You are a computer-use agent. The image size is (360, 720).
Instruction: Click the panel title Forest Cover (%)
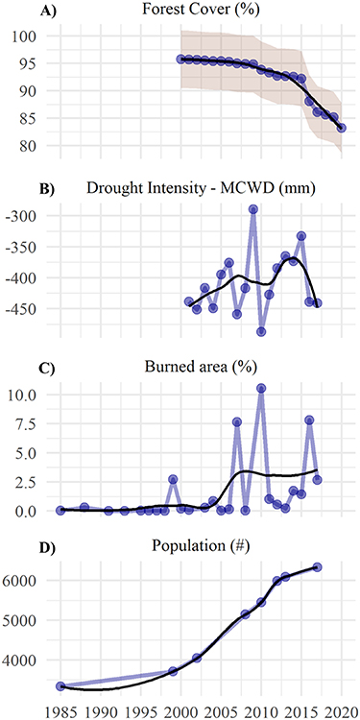[202, 12]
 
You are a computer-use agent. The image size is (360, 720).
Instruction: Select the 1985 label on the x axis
[60, 711]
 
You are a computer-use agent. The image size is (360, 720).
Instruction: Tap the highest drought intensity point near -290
[253, 209]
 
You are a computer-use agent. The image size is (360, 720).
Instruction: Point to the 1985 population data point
[60, 686]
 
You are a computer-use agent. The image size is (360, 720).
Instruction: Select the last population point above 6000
[318, 567]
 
